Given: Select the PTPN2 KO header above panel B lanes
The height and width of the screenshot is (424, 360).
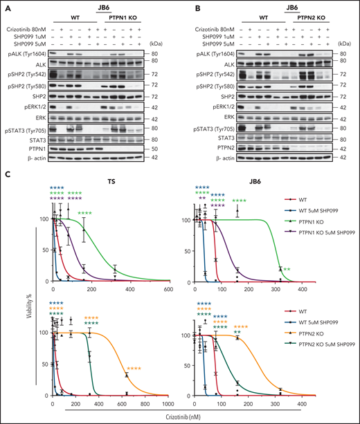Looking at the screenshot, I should (307, 21).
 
